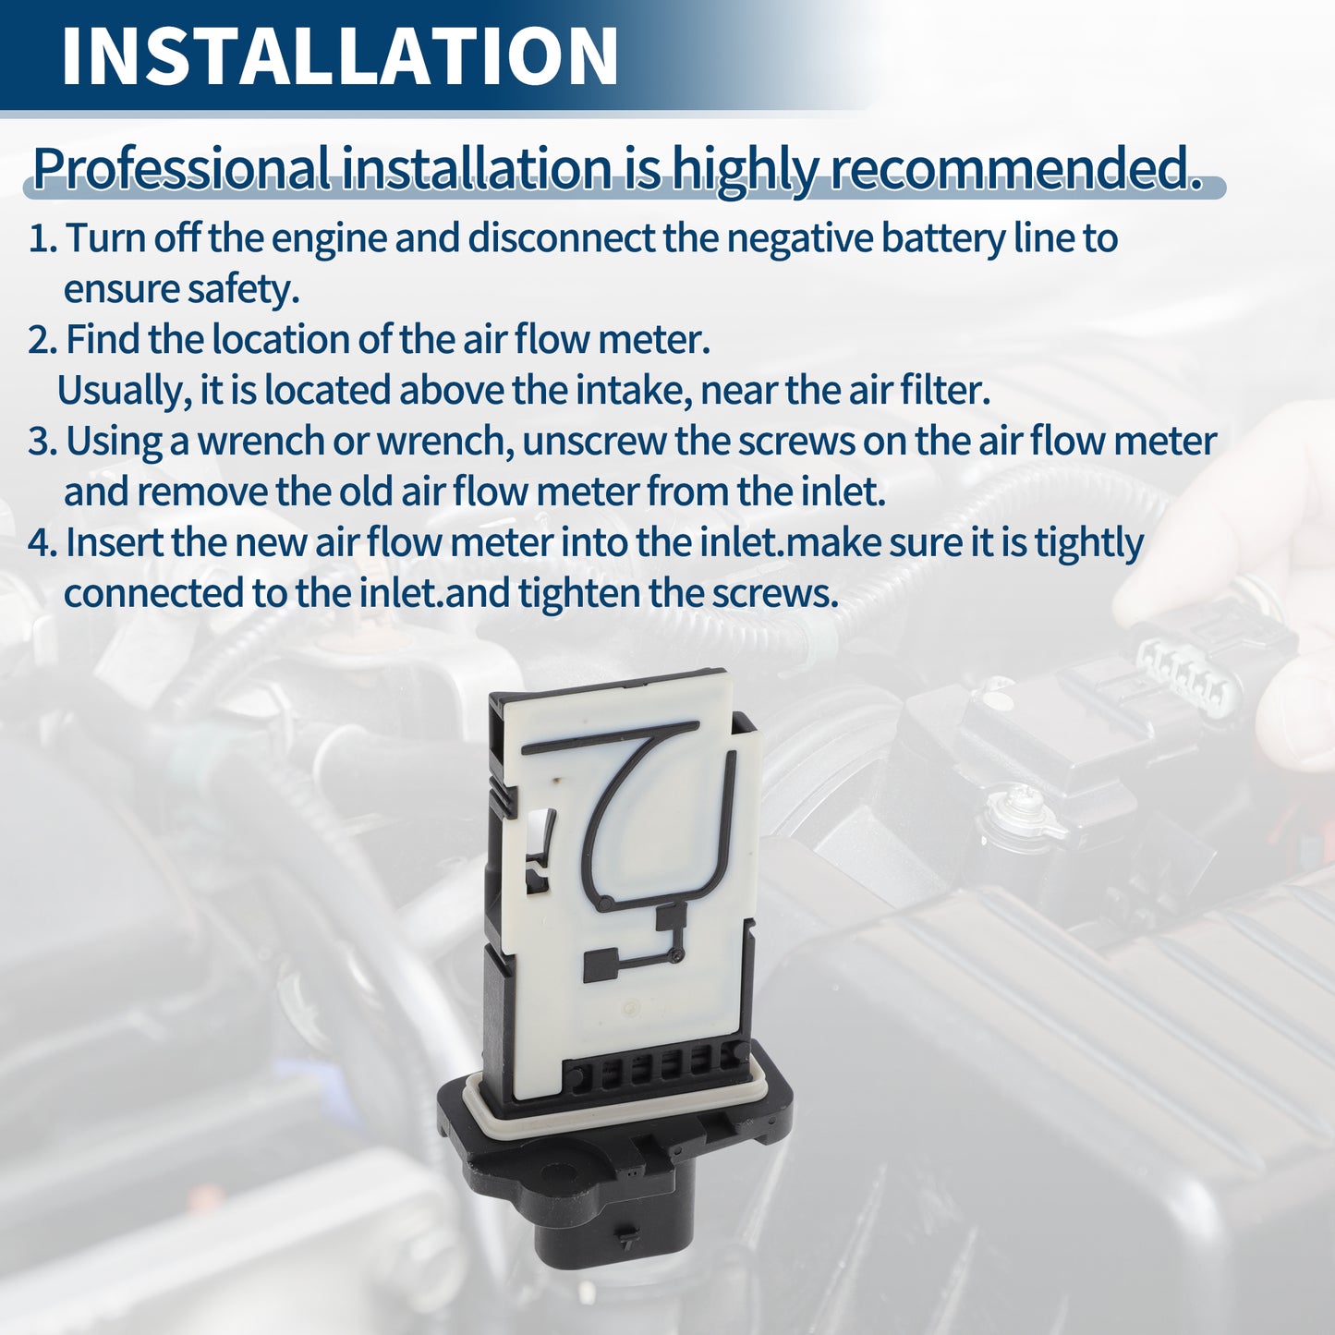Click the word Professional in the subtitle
point(182,169)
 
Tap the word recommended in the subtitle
point(1016,167)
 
